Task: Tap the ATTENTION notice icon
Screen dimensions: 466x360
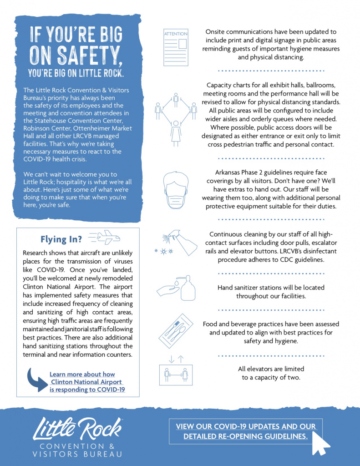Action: click(176, 47)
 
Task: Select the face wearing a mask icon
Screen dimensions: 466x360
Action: click(176, 191)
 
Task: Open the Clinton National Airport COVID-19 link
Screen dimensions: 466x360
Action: click(87, 382)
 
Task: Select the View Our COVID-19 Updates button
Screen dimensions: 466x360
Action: click(246, 431)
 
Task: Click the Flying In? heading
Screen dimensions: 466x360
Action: click(61, 239)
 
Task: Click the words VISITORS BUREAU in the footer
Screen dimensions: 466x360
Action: click(77, 454)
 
